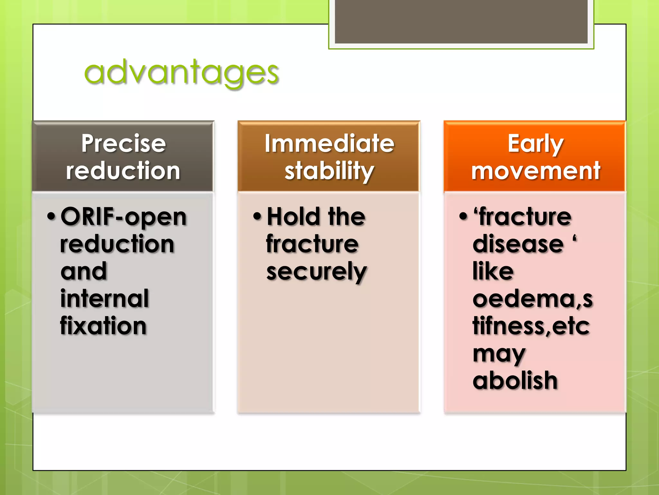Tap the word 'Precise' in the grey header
click(124, 143)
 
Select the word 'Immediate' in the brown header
click(329, 143)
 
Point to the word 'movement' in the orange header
click(535, 171)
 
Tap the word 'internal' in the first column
click(105, 298)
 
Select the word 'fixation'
click(103, 326)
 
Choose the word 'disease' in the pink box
click(518, 244)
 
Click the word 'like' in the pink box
click(493, 271)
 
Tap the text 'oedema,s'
click(533, 299)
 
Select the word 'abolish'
click(515, 381)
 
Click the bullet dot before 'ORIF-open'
click(51, 216)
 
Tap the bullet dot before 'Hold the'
click(257, 216)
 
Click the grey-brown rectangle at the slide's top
click(461, 21)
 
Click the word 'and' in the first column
click(84, 271)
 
